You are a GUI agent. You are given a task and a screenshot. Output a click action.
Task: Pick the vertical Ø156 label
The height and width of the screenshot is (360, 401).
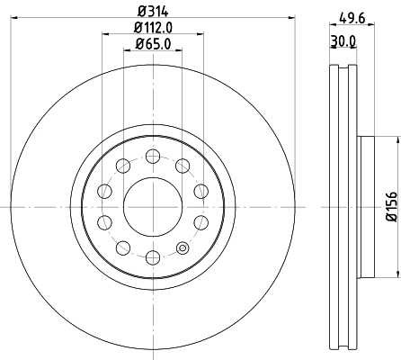pyautogui.click(x=390, y=206)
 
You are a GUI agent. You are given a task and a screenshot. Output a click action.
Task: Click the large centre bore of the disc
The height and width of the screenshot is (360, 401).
pyautogui.click(x=152, y=206)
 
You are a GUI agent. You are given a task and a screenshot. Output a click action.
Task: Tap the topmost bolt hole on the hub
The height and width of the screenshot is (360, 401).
pyautogui.click(x=152, y=155)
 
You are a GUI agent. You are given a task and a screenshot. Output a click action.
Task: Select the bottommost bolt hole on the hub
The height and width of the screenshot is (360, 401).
pyautogui.click(x=152, y=258)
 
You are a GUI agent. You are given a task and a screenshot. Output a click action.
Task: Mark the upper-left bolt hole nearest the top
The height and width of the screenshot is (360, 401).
pyautogui.click(x=122, y=165)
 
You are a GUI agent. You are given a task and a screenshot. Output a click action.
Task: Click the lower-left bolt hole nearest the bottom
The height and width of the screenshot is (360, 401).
pyautogui.click(x=122, y=248)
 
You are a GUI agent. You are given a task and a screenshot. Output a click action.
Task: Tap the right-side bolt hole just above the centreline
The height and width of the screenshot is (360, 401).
pyautogui.click(x=200, y=190)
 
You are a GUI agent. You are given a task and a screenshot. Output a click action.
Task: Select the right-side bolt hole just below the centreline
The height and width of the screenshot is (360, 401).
pyautogui.click(x=200, y=222)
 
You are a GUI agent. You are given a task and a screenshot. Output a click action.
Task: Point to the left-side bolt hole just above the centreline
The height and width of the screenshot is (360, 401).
pyautogui.click(x=103, y=190)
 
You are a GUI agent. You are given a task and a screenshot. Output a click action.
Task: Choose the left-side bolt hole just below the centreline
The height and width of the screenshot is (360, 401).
pyautogui.click(x=103, y=222)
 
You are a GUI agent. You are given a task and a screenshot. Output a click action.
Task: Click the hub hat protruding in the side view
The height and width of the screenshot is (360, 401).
pyautogui.click(x=366, y=206)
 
